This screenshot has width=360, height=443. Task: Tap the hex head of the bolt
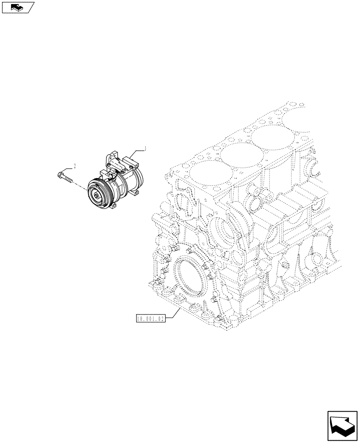(x=60, y=175)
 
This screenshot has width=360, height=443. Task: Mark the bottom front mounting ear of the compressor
(x=114, y=205)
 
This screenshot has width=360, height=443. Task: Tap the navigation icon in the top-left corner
(x=17, y=7)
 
